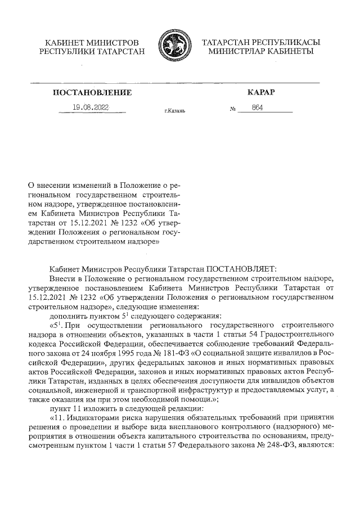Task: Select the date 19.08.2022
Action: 91,107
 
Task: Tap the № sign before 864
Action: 233,109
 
